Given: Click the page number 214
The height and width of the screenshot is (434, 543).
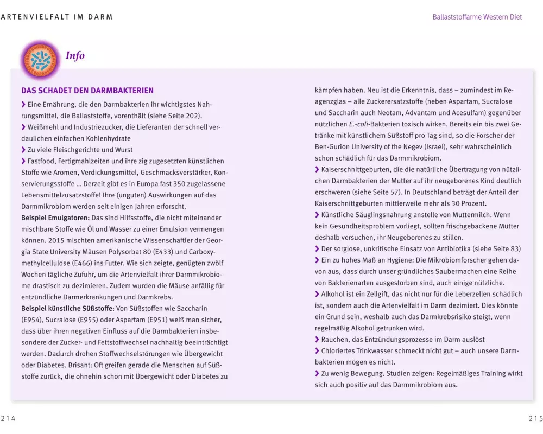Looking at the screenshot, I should click(x=8, y=418).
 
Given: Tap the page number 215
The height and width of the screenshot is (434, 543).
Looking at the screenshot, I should click(x=535, y=418).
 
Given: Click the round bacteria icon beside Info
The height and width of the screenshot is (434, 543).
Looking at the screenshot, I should click(x=39, y=59).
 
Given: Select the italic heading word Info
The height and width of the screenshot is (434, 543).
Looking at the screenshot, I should click(x=75, y=56).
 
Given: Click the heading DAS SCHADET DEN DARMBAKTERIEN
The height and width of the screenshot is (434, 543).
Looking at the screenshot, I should click(x=87, y=91).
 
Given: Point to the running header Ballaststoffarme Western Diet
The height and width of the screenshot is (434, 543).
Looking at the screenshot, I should click(x=477, y=17).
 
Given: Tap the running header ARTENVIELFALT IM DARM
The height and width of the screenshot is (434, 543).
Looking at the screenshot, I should click(x=57, y=17).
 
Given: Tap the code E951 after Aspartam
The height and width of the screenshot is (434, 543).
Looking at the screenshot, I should click(x=144, y=320).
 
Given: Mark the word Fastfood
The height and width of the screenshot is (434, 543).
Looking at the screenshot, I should click(x=43, y=161).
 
